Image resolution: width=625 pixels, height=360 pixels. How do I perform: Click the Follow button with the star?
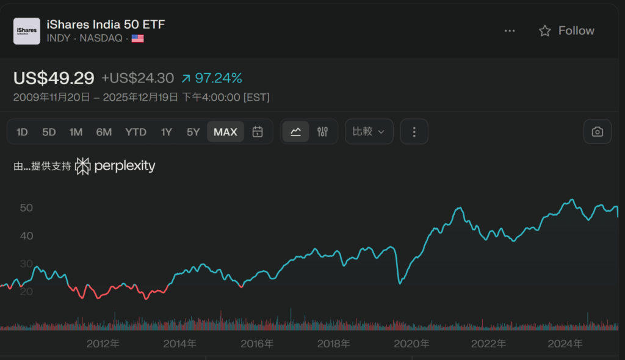click(566, 31)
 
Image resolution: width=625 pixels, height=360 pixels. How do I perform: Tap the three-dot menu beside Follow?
click(510, 31)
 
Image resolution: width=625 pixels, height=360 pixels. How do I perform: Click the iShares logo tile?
click(27, 31)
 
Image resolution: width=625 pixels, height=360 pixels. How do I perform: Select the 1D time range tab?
click(22, 132)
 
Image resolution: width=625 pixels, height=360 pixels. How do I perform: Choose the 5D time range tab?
click(49, 132)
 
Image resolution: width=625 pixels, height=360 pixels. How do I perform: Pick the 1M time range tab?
click(76, 132)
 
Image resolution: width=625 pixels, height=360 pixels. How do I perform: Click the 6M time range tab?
click(104, 132)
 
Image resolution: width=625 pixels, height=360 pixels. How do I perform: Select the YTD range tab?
click(135, 132)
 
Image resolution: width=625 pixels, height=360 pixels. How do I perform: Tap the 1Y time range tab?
click(167, 132)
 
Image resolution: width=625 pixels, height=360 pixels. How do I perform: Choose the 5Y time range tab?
click(193, 132)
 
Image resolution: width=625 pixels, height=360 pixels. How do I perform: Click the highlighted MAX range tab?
click(225, 132)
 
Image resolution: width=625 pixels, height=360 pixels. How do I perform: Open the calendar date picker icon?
click(258, 132)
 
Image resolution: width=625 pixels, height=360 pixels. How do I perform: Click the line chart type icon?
click(295, 132)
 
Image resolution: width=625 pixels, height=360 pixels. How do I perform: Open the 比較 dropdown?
click(369, 132)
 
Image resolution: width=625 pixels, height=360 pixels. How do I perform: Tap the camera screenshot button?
click(597, 132)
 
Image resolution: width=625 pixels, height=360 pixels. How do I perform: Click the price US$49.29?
click(54, 78)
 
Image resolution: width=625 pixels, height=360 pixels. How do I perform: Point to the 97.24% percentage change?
click(219, 78)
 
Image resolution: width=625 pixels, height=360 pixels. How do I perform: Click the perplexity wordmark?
click(123, 166)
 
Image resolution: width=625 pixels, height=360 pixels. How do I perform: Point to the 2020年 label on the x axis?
click(411, 344)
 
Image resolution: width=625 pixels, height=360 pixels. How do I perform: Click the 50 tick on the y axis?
click(26, 207)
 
